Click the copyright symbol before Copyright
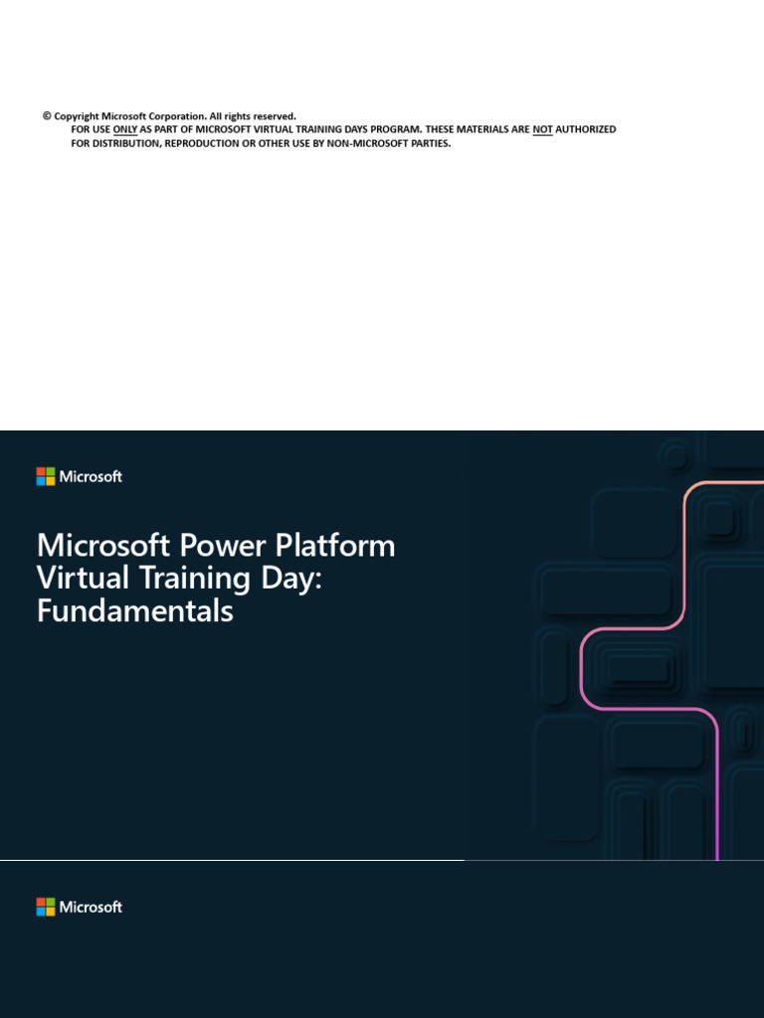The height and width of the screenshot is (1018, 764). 47,116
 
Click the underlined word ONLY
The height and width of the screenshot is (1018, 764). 125,130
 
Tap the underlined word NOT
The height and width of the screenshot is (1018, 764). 542,130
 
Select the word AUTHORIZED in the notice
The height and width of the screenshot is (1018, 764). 586,130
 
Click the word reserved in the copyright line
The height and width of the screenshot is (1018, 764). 274,116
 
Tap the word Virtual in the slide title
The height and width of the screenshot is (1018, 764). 78,579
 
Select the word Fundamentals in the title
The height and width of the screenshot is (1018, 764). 134,610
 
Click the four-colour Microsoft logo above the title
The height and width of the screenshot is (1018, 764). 46,476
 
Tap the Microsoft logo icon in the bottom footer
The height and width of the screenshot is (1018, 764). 46,907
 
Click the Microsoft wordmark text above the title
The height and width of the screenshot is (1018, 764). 91,476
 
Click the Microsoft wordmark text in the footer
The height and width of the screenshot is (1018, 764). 91,907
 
